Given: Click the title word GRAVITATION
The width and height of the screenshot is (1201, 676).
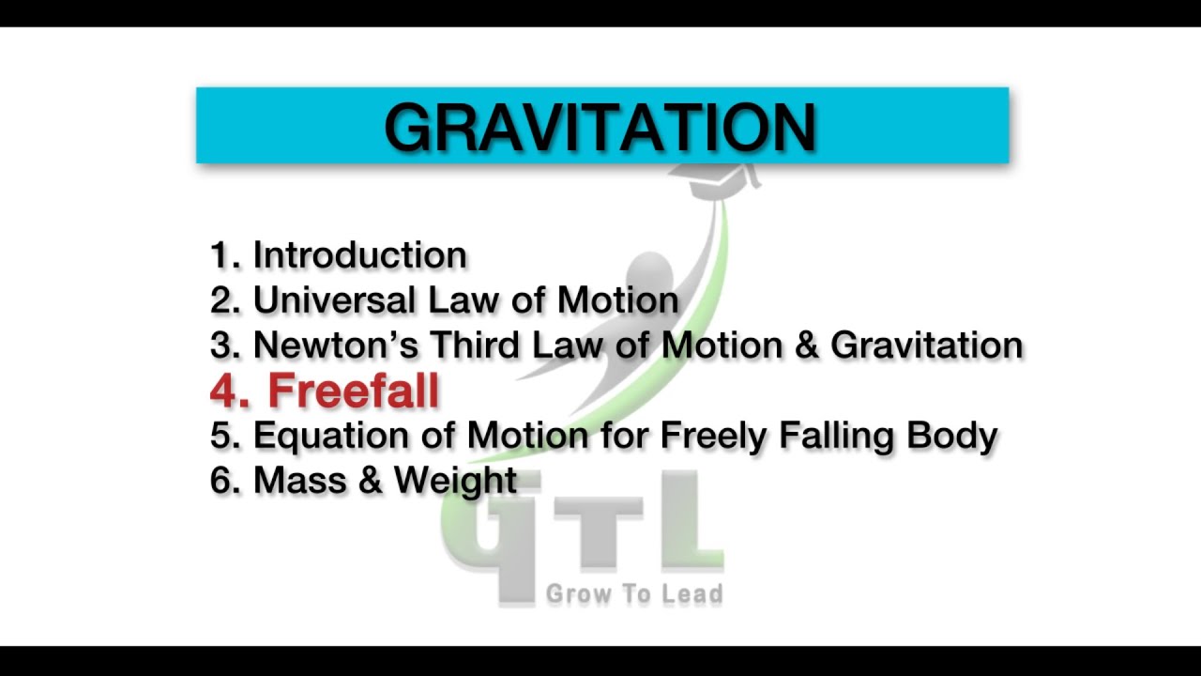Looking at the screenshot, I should (600, 127).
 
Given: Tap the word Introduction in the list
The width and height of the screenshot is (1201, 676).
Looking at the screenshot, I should (360, 255).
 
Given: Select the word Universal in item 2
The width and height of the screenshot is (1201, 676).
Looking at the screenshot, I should (334, 300).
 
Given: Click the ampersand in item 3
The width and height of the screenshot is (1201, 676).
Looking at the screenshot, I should (806, 346).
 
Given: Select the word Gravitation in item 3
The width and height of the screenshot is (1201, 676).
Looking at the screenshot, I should (926, 346).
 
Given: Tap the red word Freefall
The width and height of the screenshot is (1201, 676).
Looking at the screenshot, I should (354, 391).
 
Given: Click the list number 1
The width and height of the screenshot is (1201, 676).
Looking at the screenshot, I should (222, 255).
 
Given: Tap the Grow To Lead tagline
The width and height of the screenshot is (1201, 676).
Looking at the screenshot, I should (634, 593).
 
